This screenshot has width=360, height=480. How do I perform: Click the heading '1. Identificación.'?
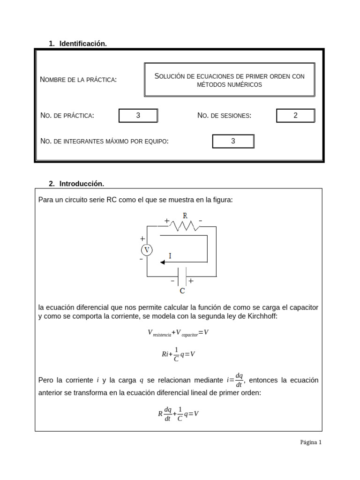[78, 44]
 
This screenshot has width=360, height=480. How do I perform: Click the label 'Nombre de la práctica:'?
[78, 80]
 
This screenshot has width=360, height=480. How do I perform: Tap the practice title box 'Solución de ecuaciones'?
[229, 80]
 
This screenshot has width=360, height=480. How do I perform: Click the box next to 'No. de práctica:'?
[138, 116]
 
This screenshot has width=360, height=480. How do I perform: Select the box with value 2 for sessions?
[295, 116]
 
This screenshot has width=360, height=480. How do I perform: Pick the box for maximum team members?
[233, 141]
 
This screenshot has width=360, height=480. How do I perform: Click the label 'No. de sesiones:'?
[225, 116]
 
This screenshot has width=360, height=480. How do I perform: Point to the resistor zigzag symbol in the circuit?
[184, 226]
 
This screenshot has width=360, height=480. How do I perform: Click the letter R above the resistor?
[185, 216]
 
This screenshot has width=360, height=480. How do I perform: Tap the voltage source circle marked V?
[147, 250]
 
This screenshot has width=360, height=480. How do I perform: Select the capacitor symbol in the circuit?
[182, 276]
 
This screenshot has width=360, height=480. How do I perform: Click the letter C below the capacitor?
[182, 291]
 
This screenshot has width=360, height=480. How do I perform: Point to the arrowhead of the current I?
[163, 262]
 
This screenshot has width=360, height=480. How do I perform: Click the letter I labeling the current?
[170, 256]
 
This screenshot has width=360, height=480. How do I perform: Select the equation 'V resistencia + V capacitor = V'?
[178, 333]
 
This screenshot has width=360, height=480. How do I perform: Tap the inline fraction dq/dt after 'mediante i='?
[239, 380]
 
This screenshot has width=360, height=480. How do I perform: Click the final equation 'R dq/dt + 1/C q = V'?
[178, 414]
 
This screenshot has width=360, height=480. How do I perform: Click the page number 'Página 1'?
[311, 442]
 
